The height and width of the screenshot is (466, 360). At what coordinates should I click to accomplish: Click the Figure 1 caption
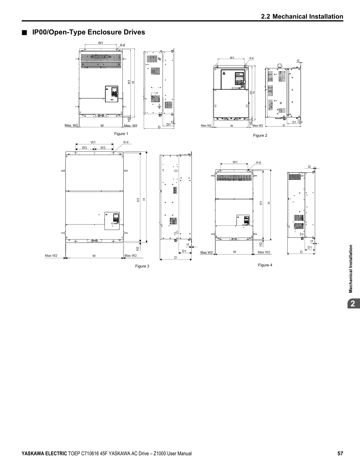pos(121,134)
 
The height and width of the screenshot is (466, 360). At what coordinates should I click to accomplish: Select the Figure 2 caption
pos(260,135)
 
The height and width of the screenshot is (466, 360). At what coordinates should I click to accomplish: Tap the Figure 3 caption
pos(142,266)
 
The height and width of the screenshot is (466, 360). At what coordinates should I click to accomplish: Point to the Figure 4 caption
pos(265,265)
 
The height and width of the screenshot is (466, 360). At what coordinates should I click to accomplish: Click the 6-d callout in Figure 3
pos(126,142)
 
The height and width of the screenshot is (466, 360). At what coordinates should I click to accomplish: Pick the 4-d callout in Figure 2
pos(251,58)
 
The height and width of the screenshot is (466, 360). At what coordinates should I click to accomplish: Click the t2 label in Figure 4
pos(309,167)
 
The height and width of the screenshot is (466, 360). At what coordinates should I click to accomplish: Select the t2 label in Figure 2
pos(298,61)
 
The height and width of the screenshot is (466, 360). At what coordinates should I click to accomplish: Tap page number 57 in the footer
pos(340,453)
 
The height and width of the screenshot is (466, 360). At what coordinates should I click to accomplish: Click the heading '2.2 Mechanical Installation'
pos(302,16)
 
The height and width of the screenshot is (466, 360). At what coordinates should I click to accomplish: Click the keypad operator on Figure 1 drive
pos(112,94)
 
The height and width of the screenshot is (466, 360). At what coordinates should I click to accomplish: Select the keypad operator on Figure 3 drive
pos(112,221)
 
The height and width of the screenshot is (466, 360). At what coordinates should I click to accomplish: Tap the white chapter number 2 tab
pos(353,304)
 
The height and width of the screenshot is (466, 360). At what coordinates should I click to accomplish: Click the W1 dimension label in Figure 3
pos(93,142)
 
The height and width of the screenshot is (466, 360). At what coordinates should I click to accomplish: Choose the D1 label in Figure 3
pos(184,251)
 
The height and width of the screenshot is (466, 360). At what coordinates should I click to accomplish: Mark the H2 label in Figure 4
pos(261,244)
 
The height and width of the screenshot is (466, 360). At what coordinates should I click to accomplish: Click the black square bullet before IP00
pos(25,32)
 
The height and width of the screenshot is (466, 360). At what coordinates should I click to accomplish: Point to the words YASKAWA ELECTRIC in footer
pos(44,454)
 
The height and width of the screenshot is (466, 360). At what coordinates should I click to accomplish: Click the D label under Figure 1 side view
pos(159,127)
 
